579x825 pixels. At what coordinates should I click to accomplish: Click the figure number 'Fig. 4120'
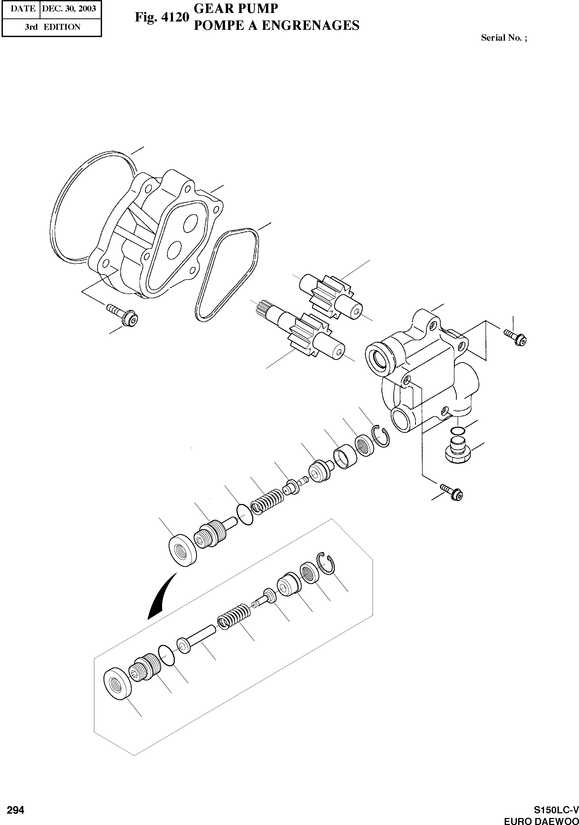click(x=162, y=17)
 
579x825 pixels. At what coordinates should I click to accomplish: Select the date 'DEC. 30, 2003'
click(x=69, y=8)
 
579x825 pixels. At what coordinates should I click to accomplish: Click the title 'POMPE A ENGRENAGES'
click(x=276, y=25)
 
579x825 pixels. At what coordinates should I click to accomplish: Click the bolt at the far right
click(x=516, y=338)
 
